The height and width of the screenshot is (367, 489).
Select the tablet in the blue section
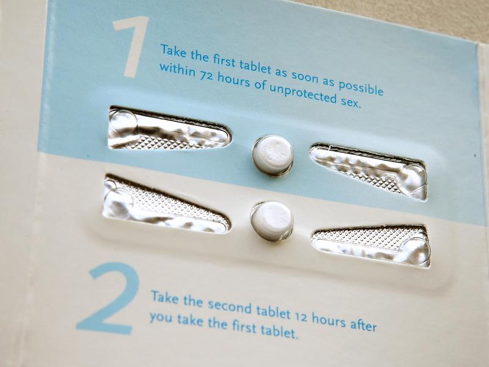click(273, 155)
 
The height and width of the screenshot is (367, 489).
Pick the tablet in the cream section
click(271, 221)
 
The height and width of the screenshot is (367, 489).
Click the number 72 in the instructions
click(206, 75)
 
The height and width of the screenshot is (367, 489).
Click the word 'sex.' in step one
click(349, 101)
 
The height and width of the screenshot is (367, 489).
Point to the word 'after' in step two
click(363, 324)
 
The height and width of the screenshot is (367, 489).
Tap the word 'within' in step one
click(177, 70)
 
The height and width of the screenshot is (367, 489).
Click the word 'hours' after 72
click(233, 80)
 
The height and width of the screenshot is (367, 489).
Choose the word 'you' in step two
click(161, 317)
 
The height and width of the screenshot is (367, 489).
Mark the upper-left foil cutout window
click(169, 128)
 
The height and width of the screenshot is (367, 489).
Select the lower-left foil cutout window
click(166, 204)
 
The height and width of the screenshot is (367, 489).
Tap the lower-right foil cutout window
click(371, 246)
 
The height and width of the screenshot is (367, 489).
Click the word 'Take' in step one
click(174, 51)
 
